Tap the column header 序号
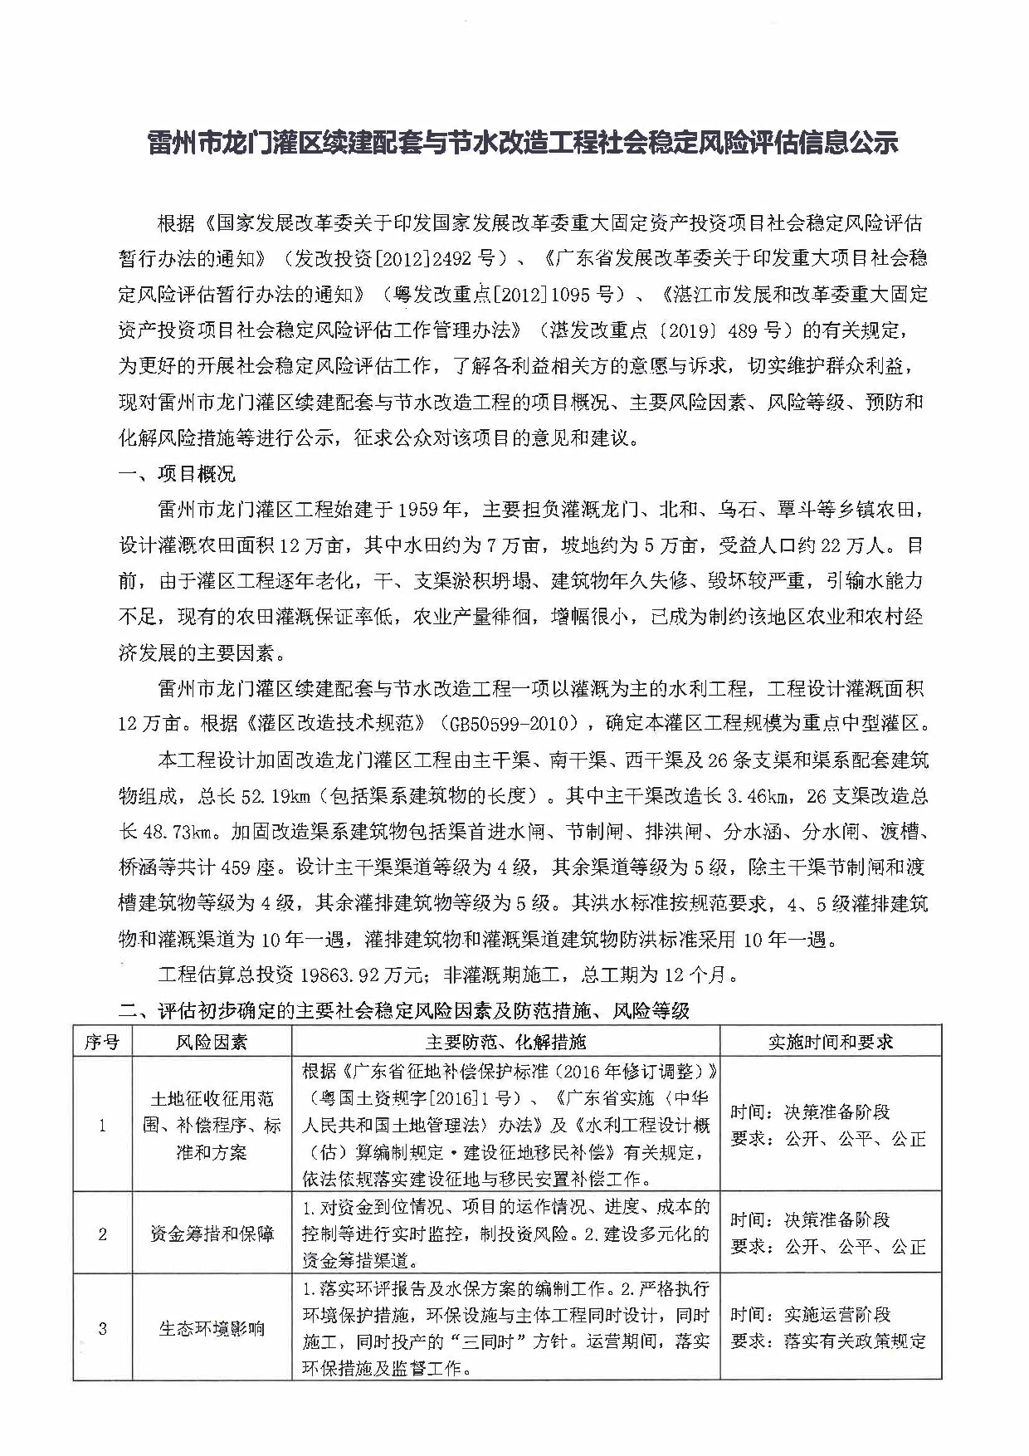point(102,1041)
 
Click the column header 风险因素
point(212,1041)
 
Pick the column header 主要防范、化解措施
point(505,1041)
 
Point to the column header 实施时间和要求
point(830,1041)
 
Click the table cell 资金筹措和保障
point(212,1234)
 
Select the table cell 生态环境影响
point(212,1328)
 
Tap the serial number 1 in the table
point(102,1126)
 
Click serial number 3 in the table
point(102,1328)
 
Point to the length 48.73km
point(180,831)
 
